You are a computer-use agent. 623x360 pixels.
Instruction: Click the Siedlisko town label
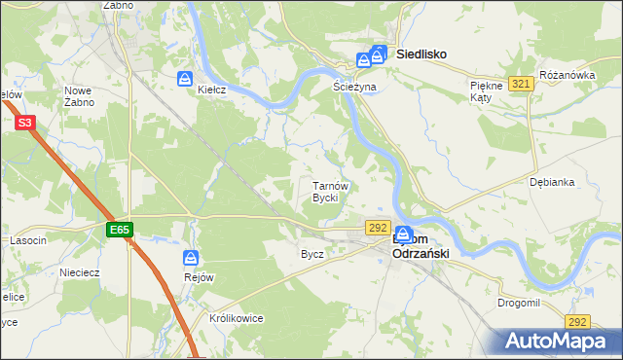[421, 55]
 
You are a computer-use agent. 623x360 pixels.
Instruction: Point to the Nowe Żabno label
[79, 95]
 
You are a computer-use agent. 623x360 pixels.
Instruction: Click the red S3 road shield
[25, 123]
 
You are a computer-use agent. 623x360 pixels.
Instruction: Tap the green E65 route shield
[120, 230]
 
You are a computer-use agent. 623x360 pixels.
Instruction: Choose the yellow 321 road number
[521, 85]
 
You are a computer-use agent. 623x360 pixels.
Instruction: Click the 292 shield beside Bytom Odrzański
[379, 227]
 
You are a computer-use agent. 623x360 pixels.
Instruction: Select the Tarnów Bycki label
[325, 192]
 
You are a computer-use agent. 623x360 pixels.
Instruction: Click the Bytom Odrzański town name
[419, 246]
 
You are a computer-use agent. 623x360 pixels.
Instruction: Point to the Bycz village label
[312, 254]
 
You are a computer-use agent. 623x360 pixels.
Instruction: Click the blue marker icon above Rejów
[191, 258]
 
